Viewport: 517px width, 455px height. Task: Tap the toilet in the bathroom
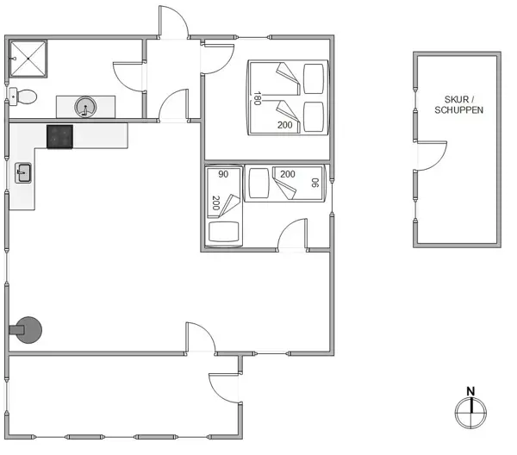[26, 97]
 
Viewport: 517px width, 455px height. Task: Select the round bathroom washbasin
[85, 107]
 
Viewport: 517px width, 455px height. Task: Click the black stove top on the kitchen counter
[60, 135]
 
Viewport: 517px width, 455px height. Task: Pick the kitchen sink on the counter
[23, 173]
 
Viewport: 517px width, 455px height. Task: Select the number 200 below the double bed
[285, 125]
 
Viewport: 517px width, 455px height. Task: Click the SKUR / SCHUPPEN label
[458, 104]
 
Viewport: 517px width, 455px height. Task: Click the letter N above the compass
[470, 390]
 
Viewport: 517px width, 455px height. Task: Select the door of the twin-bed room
[294, 234]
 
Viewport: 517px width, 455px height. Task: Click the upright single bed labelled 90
[223, 206]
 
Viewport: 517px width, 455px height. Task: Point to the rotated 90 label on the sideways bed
[315, 183]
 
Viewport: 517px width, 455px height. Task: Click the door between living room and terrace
[202, 338]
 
